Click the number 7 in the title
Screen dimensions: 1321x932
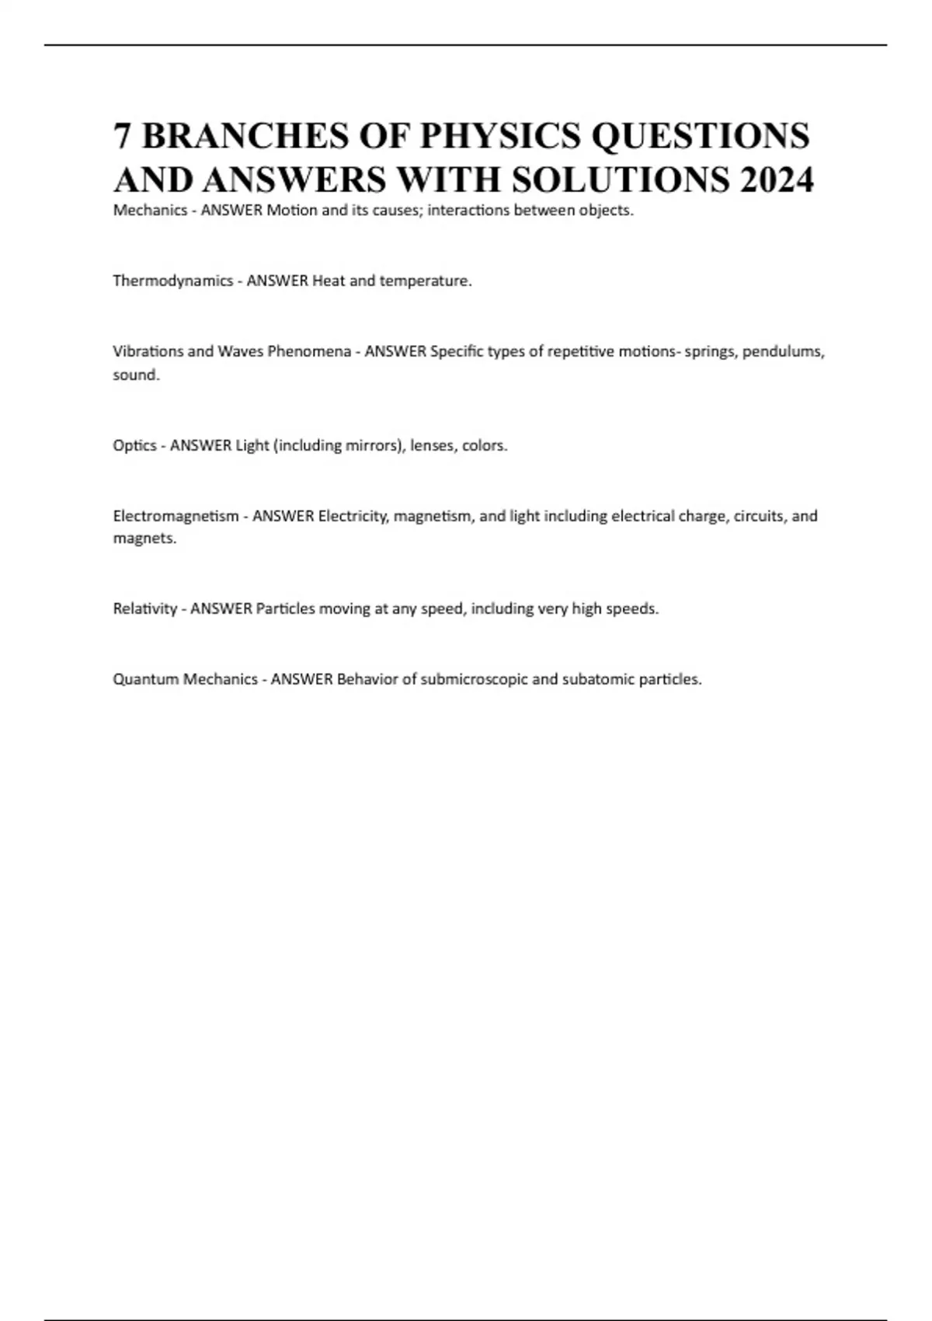click(x=122, y=136)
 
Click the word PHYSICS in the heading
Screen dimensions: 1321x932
click(x=500, y=136)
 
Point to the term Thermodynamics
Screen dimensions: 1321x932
click(x=172, y=281)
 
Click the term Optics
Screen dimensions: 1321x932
click(x=134, y=446)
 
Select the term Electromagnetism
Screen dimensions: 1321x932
click(x=176, y=516)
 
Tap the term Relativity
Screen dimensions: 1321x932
click(x=144, y=608)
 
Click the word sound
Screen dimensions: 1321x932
click(x=136, y=375)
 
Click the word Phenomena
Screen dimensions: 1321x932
click(x=309, y=351)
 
